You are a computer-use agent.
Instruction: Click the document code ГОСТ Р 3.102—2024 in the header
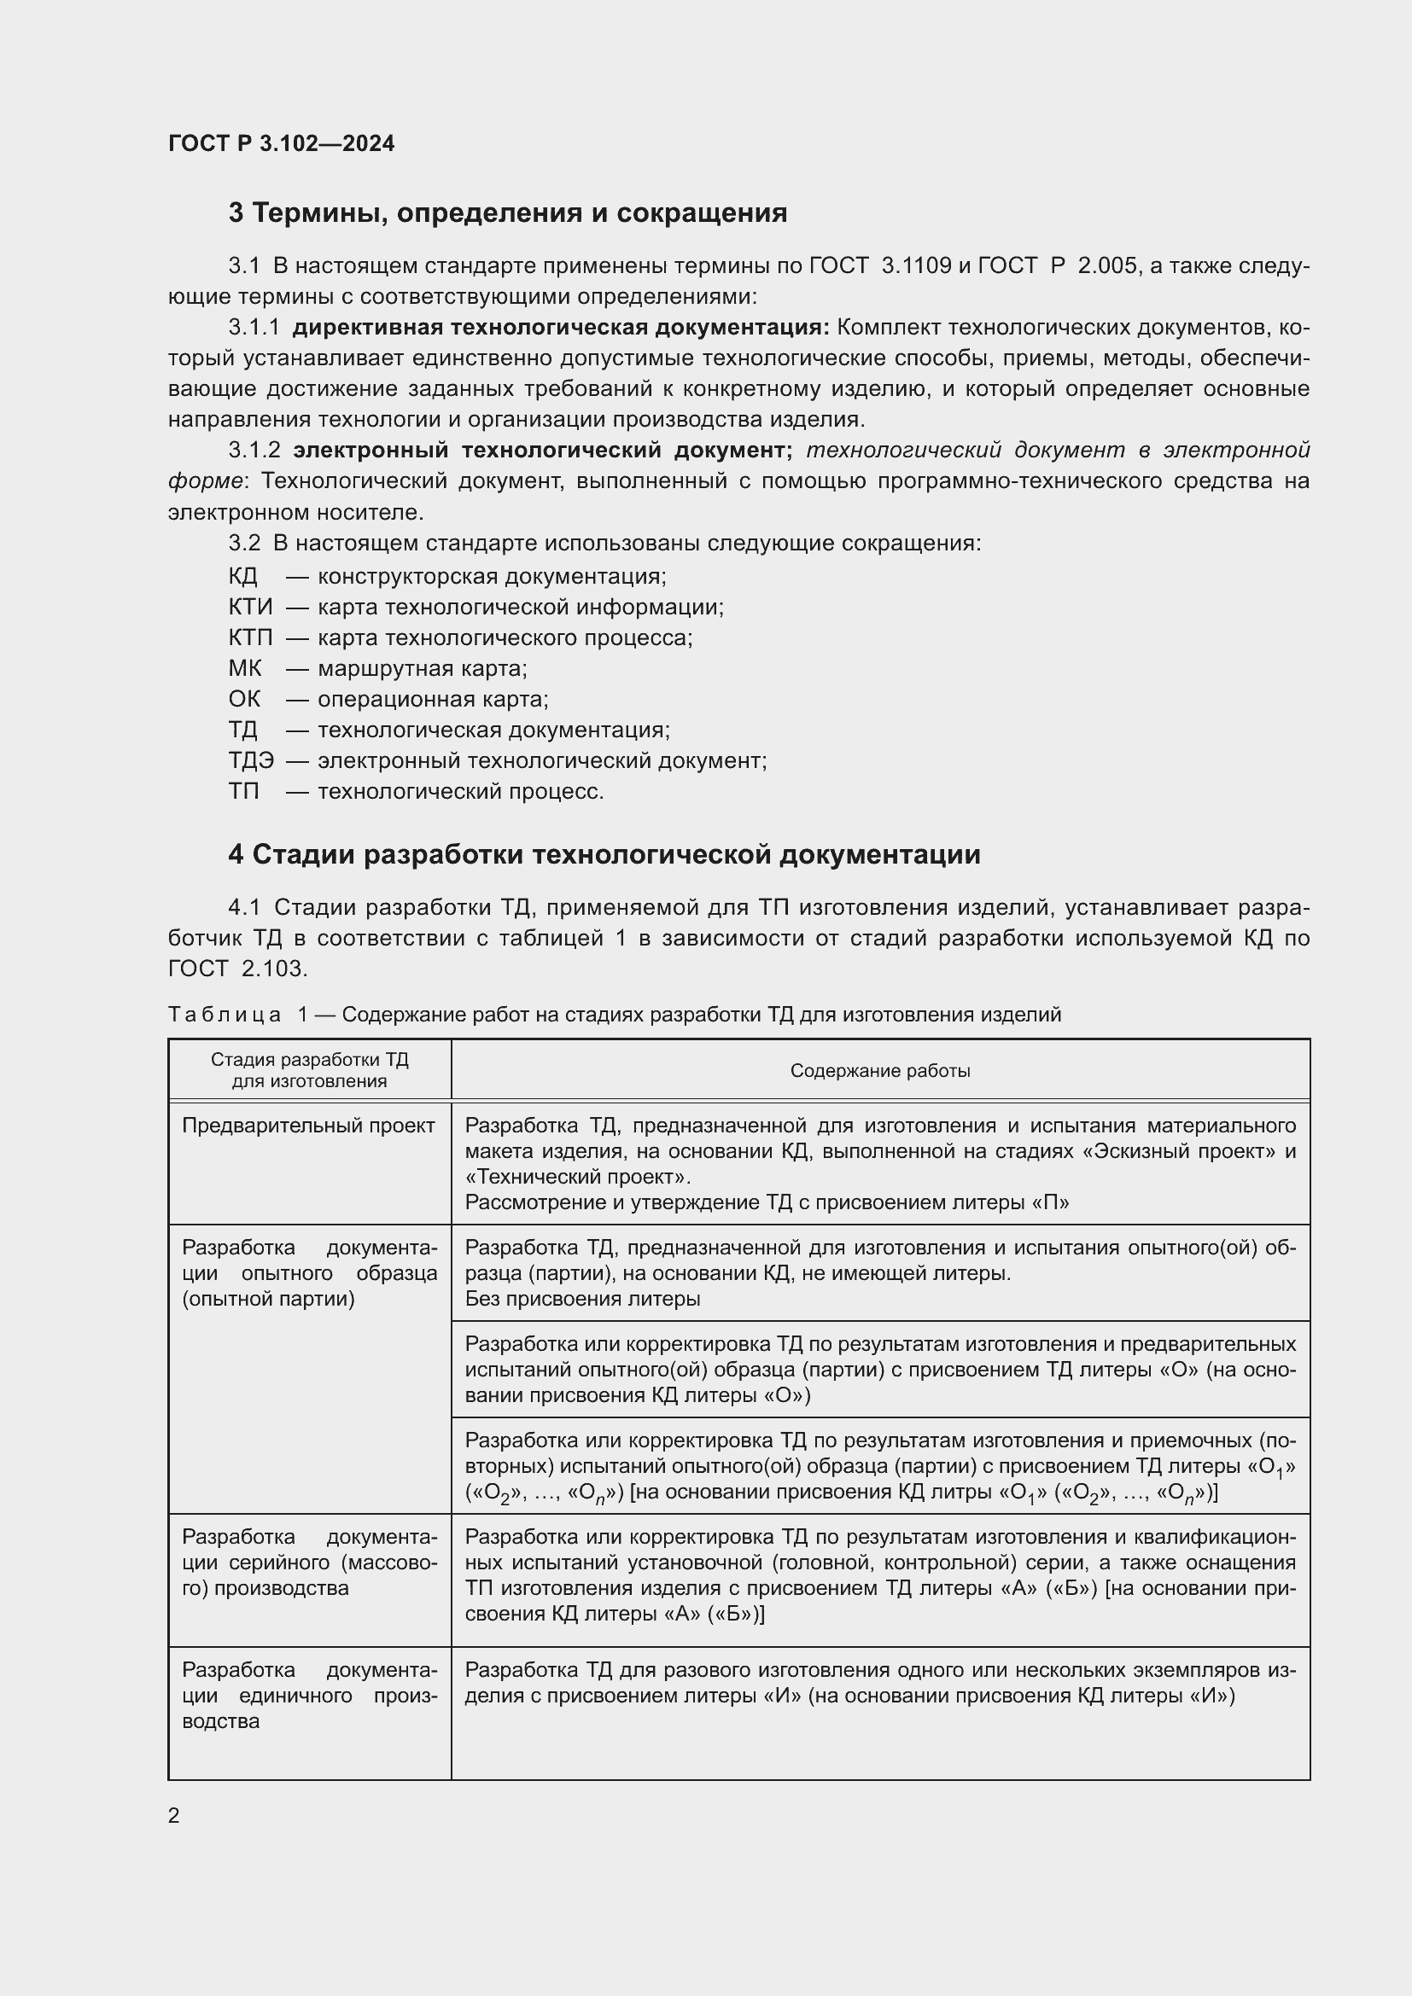(281, 143)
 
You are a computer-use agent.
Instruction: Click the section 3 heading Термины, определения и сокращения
(508, 213)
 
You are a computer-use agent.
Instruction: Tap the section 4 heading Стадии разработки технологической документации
(604, 854)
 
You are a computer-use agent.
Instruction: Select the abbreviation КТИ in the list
(250, 607)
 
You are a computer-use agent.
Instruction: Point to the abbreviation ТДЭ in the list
(251, 760)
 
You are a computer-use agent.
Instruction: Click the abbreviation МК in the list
(244, 668)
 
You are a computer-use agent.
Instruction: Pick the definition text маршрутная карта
(423, 668)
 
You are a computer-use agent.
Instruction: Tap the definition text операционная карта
(433, 699)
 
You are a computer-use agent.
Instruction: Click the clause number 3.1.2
(254, 451)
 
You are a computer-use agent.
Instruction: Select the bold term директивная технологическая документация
(561, 328)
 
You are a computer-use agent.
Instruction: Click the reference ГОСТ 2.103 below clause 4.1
(237, 969)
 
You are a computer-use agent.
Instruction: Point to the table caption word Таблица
(225, 1015)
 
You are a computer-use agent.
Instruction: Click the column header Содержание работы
(880, 1071)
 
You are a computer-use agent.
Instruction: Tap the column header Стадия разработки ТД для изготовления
(310, 1071)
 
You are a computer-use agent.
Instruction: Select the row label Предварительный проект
(309, 1126)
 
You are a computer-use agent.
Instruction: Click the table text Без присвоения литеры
(582, 1299)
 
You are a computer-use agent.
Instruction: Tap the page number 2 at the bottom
(174, 1816)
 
